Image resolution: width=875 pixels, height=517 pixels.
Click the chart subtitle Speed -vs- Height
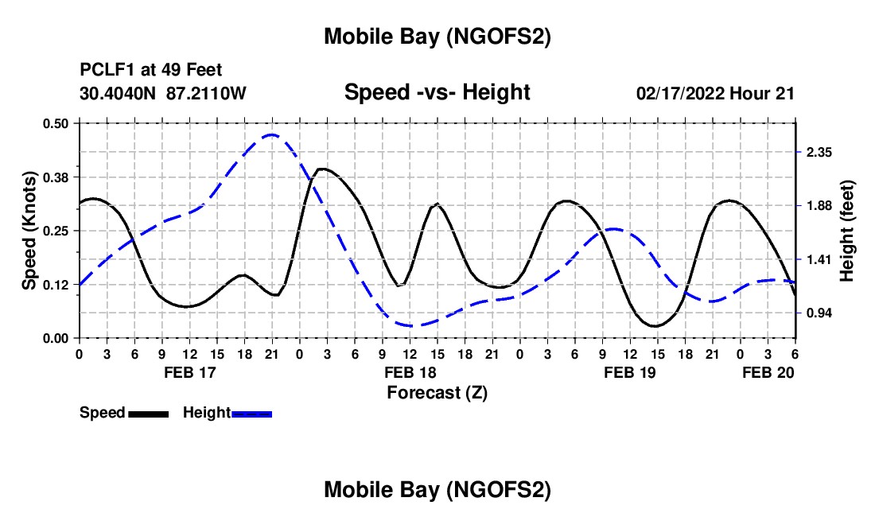[x=437, y=92]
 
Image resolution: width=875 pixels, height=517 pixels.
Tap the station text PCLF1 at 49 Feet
[x=151, y=70]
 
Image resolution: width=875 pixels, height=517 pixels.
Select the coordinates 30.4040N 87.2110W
[x=164, y=93]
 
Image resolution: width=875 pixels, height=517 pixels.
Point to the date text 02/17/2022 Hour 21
[x=715, y=93]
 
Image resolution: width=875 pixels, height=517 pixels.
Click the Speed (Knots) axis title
[x=29, y=231]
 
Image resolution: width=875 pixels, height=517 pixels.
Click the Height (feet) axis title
[x=846, y=231]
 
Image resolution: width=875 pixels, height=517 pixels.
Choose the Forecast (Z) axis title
[x=437, y=392]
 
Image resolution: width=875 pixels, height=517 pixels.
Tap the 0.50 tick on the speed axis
[x=56, y=123]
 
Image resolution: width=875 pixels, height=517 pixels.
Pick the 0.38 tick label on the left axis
[x=56, y=177]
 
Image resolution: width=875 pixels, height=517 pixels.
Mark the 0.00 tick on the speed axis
[x=56, y=338]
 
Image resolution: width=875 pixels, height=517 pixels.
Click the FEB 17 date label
[x=189, y=372]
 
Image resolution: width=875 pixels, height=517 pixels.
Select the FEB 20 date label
[x=768, y=372]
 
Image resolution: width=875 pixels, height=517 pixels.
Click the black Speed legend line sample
[x=148, y=413]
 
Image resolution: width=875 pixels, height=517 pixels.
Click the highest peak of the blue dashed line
[x=271, y=134]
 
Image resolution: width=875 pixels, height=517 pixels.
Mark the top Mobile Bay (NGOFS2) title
[x=437, y=37]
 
